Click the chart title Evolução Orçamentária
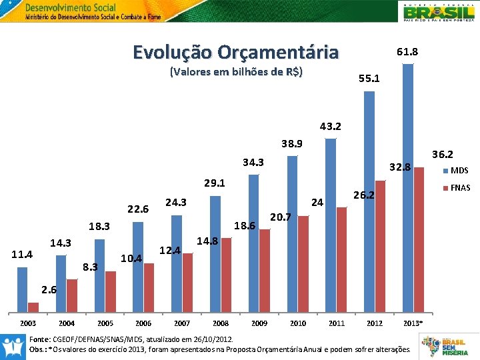coord(235,52)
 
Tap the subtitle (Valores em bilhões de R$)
coord(237,71)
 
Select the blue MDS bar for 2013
coord(408,187)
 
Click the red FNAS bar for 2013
coord(419,240)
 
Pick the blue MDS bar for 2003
coord(23,289)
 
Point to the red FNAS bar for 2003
coord(33,307)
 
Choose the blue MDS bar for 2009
coord(254,243)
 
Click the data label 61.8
coord(407,51)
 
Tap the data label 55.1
coord(369,79)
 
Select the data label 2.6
coord(49,290)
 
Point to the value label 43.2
coord(330,126)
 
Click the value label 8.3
coord(89,267)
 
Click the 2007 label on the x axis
coord(182,323)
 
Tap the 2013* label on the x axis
coord(413,323)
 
